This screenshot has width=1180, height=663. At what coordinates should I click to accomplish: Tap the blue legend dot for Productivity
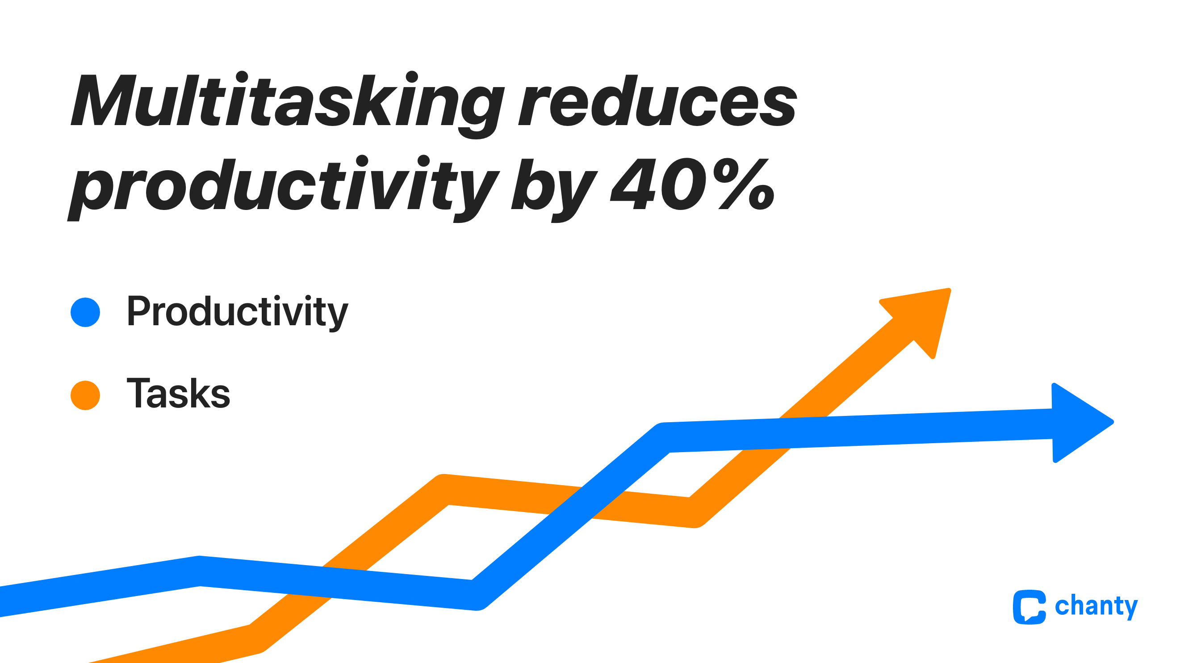85,312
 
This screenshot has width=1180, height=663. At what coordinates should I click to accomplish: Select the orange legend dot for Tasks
85,395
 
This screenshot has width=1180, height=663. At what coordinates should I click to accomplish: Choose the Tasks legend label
178,394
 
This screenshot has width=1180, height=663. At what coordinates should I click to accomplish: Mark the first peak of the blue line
200,571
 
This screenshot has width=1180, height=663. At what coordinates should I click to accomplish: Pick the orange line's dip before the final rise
694,512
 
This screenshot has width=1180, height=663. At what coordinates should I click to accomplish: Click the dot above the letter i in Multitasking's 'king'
412,77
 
